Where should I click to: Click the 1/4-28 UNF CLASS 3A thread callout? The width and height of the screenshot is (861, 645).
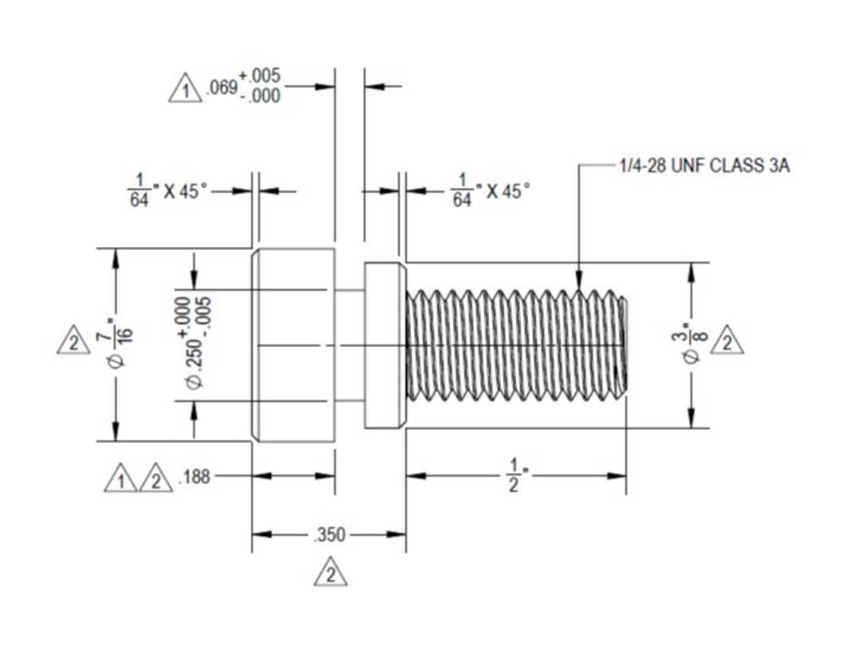(x=705, y=165)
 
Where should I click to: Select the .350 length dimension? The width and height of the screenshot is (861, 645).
(x=330, y=534)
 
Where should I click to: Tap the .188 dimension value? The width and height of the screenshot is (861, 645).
(x=195, y=476)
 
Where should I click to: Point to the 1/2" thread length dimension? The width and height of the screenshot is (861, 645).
(x=513, y=476)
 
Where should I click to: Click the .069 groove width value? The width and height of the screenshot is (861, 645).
(x=222, y=87)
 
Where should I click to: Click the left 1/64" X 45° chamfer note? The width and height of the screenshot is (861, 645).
(x=167, y=190)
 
